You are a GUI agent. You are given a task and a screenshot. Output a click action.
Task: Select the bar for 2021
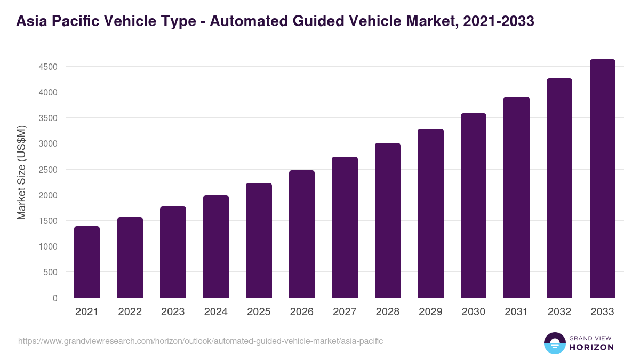coord(87,262)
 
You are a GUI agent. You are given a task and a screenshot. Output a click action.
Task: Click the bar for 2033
coord(602,179)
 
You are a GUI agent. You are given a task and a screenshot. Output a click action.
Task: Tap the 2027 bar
coord(345,227)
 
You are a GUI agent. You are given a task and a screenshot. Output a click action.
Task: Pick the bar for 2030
coord(474,205)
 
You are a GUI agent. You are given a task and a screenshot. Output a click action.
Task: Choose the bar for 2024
coord(216,246)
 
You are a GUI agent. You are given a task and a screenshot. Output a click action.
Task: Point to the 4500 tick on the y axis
coord(47,67)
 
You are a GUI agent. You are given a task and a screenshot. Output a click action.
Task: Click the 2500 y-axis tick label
coord(47,170)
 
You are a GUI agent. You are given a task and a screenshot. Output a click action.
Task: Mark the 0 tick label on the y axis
coord(55,298)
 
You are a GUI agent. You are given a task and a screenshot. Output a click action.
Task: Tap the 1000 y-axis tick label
coord(47,246)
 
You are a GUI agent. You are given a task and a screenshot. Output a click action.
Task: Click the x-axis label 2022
coord(130,312)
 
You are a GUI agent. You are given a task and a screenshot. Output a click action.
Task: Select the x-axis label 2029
coord(430,312)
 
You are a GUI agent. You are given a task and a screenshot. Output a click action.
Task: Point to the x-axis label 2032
coord(559,312)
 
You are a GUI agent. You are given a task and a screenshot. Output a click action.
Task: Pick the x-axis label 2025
coord(259,312)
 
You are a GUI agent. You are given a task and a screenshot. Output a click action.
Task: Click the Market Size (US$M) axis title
coord(21,172)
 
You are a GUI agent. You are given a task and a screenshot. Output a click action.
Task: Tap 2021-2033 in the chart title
coord(499,21)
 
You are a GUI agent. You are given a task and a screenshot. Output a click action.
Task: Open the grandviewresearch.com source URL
coord(201,341)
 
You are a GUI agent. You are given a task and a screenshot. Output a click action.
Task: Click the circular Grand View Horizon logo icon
coord(555,343)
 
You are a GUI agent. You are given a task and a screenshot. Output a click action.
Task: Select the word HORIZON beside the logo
coord(591,347)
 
